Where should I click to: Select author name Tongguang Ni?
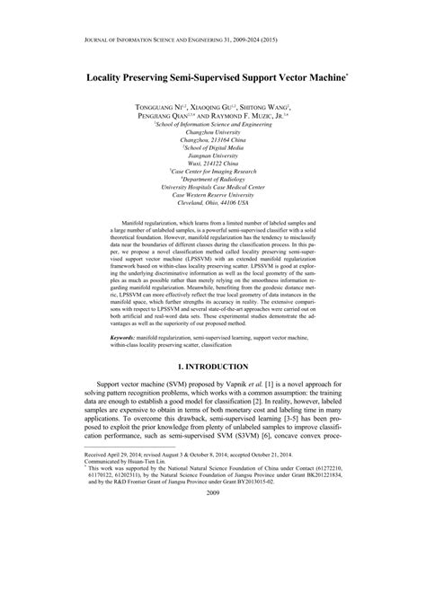pos(162,106)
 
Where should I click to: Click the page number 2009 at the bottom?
pos(213,580)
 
